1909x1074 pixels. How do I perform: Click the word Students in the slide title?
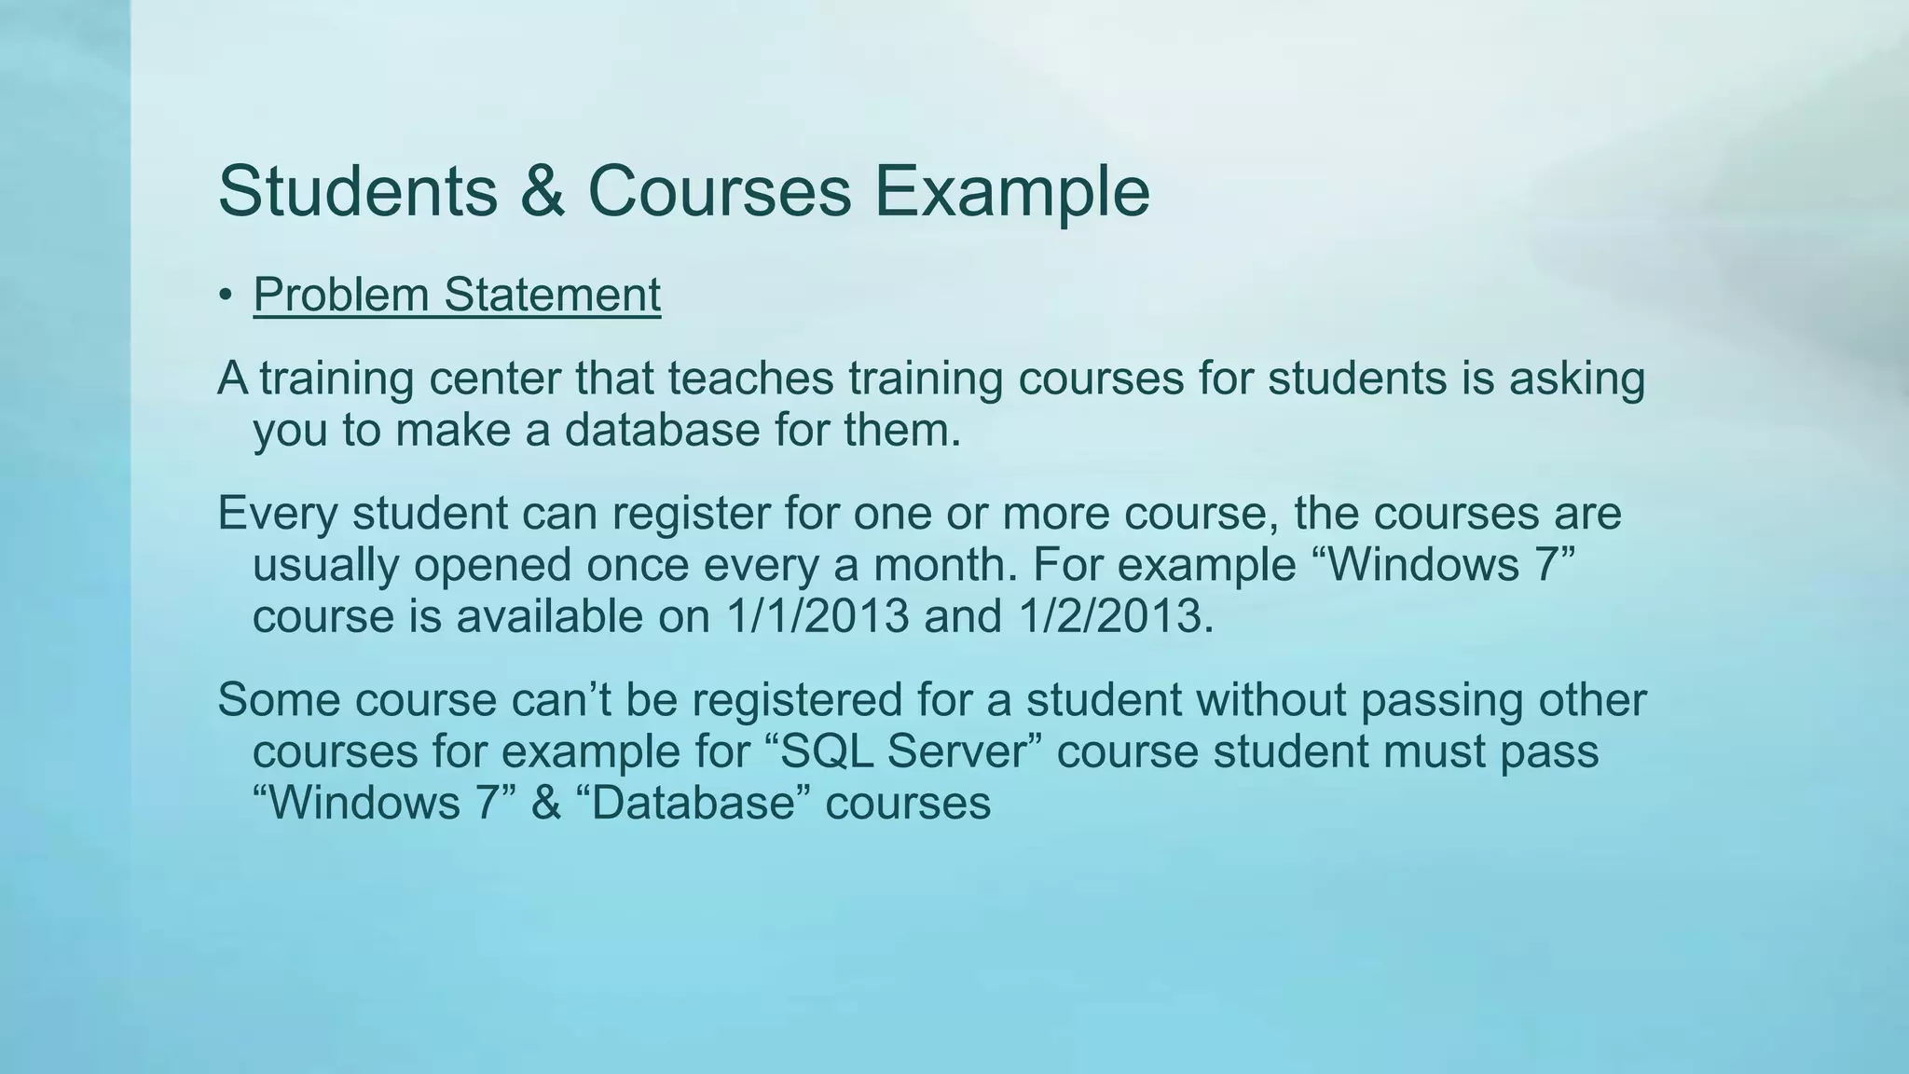[358, 191]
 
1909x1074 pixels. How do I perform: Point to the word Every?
[277, 514]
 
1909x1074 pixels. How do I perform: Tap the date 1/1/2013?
[817, 616]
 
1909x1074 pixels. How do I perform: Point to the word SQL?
[828, 751]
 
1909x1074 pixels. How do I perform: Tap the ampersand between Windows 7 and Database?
[546, 803]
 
